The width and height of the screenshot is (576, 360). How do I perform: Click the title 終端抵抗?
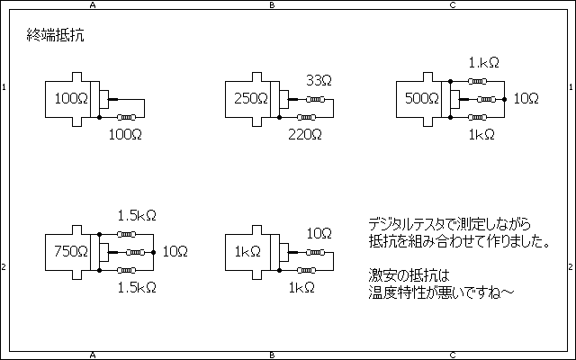click(57, 37)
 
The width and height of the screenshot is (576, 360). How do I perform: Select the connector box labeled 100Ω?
click(71, 98)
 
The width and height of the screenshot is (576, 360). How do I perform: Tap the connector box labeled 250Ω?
click(251, 98)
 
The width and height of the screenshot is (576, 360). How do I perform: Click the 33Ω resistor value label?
click(318, 80)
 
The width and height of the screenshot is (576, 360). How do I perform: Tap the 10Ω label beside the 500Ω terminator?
click(526, 98)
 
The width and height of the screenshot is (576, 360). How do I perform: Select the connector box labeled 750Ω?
click(71, 251)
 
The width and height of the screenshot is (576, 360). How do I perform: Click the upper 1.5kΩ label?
click(137, 215)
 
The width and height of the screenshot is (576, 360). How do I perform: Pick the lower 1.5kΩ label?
click(137, 287)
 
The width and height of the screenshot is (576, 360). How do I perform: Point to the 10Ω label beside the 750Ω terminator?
click(175, 251)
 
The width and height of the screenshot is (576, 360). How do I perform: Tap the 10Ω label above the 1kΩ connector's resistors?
click(319, 233)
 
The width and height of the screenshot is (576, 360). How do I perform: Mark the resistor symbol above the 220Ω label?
click(306, 117)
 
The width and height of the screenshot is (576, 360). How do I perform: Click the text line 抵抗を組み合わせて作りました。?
click(459, 241)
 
